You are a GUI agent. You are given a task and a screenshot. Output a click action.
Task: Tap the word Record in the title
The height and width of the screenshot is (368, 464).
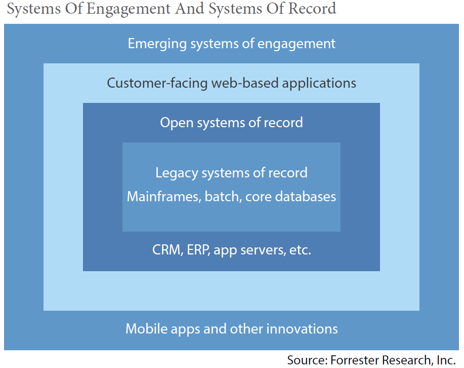312,8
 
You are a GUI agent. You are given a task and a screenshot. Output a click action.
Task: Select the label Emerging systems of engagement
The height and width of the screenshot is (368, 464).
231,44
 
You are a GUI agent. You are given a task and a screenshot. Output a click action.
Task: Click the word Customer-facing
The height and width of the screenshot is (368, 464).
157,83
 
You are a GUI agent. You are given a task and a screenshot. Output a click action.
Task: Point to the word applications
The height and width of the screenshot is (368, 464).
319,84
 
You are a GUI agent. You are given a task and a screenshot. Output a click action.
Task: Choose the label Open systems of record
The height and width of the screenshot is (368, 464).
231,123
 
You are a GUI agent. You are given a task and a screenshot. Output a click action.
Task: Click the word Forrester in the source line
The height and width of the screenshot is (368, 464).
355,360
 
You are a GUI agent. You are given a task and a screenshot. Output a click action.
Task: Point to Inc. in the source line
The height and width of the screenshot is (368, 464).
446,360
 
